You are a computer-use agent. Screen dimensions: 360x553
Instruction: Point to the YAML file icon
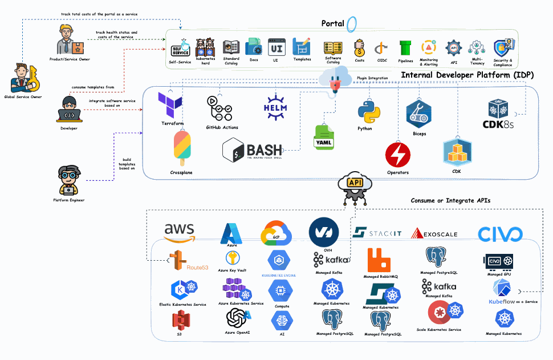(x=324, y=137)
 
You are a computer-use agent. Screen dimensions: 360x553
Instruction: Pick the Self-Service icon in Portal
(x=180, y=48)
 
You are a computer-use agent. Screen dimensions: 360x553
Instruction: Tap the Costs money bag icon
(x=360, y=48)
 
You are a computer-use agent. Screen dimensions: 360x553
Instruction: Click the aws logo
(x=180, y=232)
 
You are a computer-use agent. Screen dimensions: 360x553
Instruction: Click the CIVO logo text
(x=500, y=234)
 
